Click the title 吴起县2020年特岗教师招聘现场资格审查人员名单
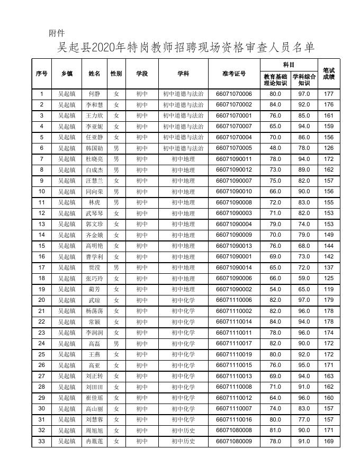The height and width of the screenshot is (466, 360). point(186,48)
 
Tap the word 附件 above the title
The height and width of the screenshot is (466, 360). point(57,33)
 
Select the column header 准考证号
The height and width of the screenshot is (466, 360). point(234,74)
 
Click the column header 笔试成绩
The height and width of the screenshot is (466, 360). point(329,74)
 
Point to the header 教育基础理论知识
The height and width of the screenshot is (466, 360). point(275,79)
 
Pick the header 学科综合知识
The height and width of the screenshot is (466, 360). point(304,79)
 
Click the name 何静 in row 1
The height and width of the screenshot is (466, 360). point(94,94)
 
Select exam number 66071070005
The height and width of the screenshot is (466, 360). point(234,148)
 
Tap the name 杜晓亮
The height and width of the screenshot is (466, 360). point(94,159)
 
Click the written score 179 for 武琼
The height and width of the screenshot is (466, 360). point(329,300)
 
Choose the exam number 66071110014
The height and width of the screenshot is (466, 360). point(234,322)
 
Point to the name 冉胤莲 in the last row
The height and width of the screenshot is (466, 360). point(94,441)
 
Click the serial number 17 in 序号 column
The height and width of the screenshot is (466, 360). point(42,267)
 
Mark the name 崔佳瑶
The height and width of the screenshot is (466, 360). point(94,398)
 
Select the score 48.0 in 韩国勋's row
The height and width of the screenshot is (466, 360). point(275,148)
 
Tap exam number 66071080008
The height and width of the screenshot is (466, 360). point(234,431)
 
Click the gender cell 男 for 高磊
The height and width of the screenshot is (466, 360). point(116,344)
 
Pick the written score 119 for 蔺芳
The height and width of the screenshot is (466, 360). point(329,289)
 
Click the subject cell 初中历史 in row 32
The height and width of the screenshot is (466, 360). point(183,431)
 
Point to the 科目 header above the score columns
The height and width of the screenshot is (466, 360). point(289,64)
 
